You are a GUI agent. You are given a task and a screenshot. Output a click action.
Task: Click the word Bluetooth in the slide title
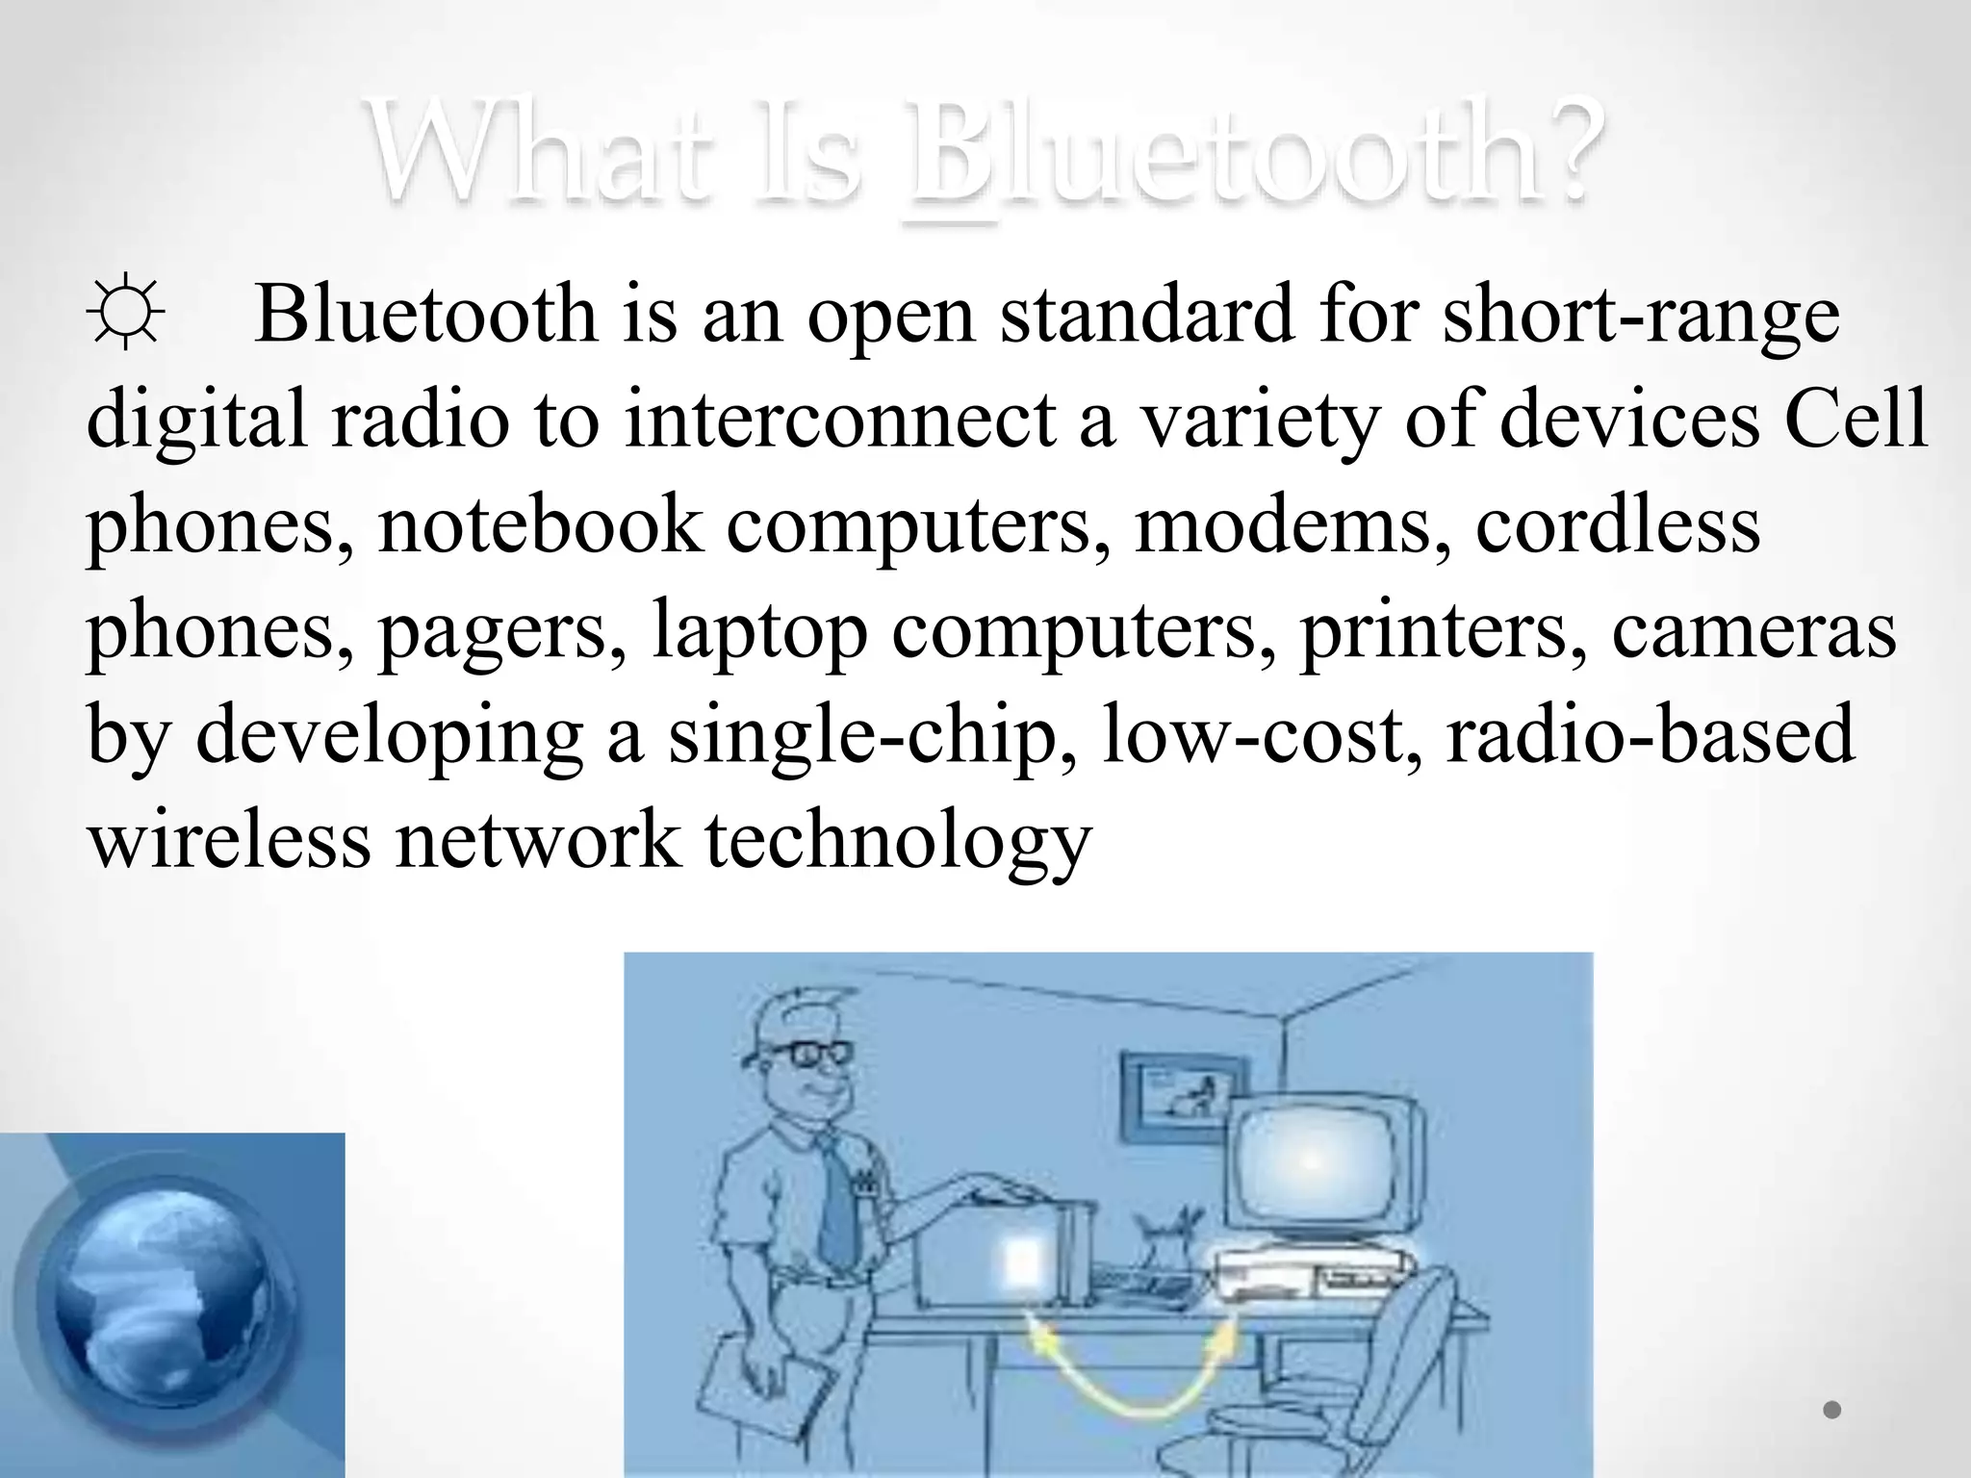[x=1251, y=154]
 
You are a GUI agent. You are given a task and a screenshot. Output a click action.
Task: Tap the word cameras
[x=1753, y=631]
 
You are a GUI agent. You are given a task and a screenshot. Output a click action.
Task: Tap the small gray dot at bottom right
[x=1831, y=1411]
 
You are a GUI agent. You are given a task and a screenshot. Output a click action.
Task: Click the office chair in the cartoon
[x=1386, y=1366]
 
